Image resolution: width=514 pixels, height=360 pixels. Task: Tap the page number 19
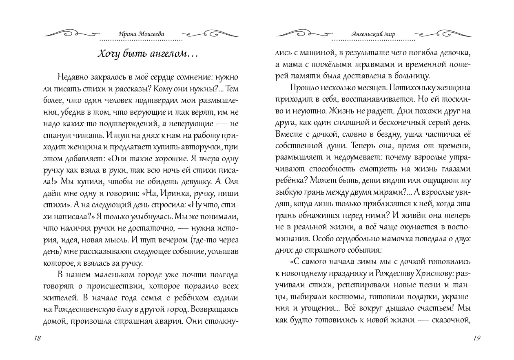point(477,338)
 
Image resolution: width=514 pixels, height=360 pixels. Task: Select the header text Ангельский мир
point(373,34)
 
